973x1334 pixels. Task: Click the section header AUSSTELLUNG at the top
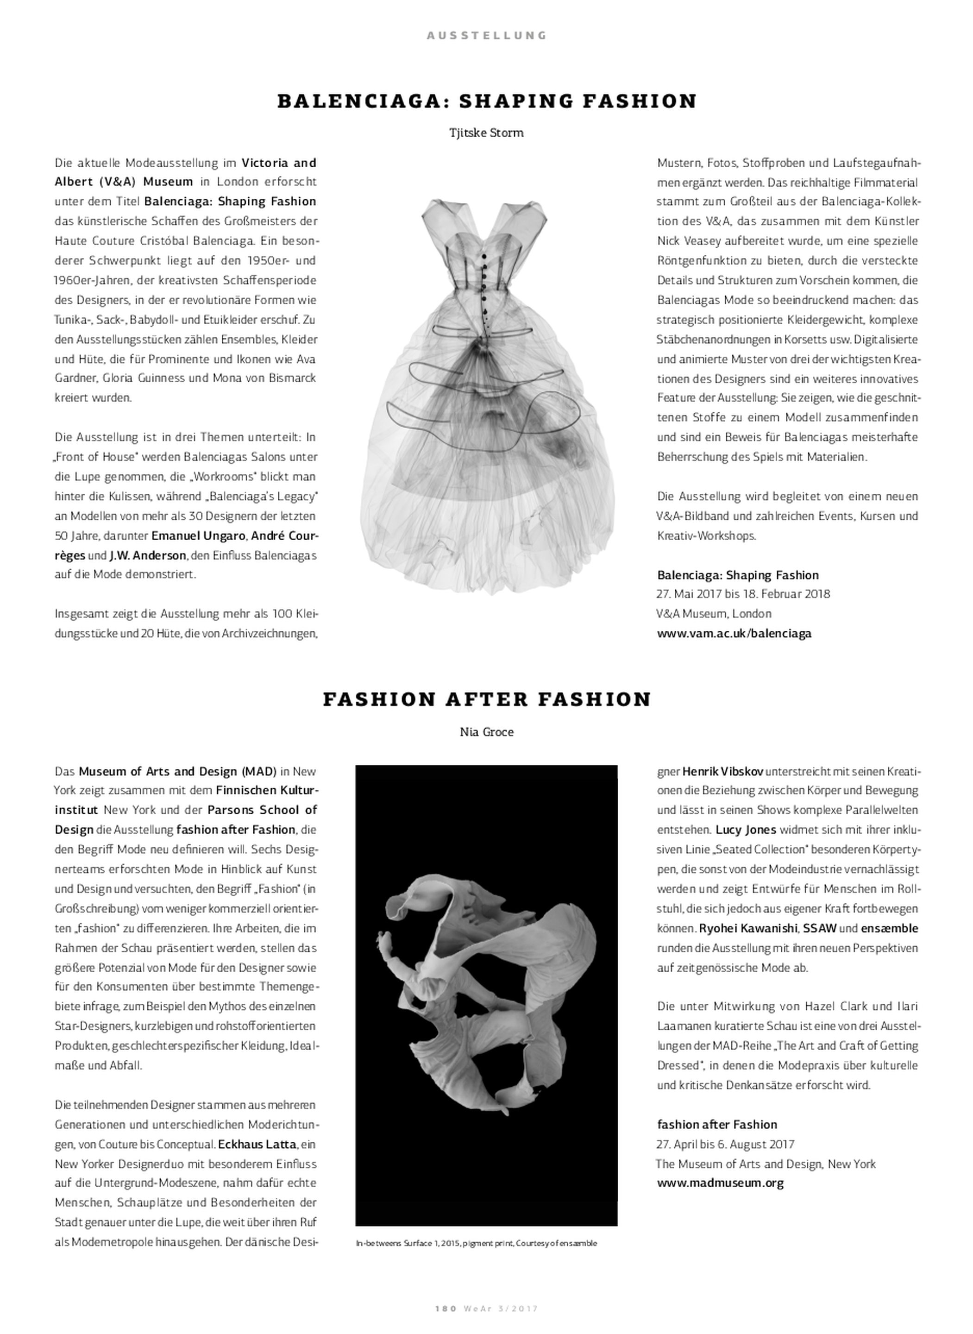point(486,35)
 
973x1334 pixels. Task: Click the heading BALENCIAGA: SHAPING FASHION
point(486,101)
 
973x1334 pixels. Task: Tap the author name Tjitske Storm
point(486,133)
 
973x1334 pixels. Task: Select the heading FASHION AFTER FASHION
point(486,699)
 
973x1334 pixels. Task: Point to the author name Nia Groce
point(486,732)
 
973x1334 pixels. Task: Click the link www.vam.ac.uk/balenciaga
point(734,634)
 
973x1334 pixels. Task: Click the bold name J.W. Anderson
point(147,555)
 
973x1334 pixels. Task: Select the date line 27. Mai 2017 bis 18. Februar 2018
point(743,594)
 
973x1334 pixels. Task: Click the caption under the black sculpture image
point(476,1243)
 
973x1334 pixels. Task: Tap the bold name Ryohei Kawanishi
point(748,928)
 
